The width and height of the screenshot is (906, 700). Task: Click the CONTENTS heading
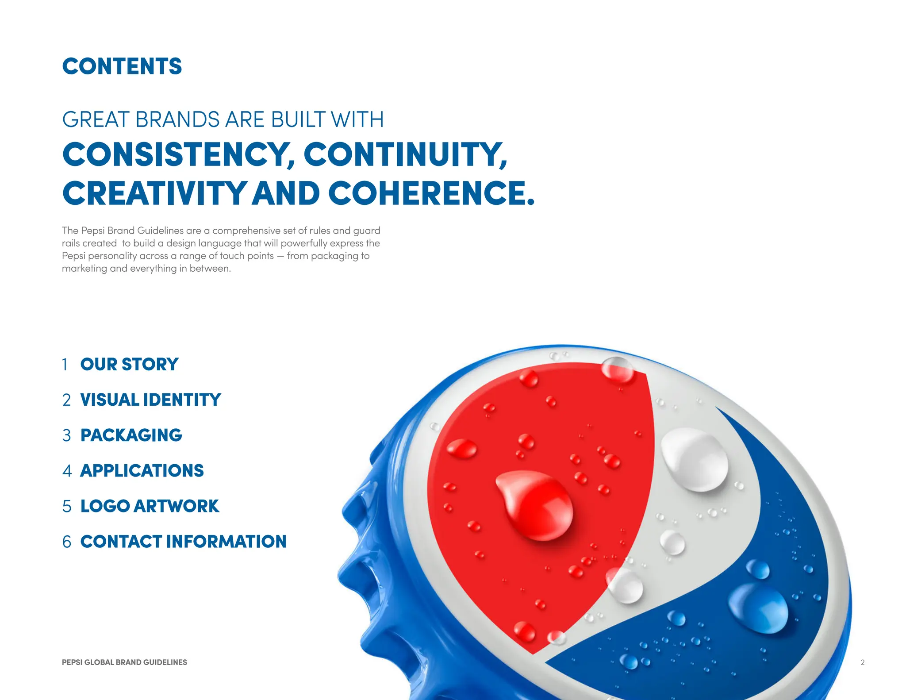point(122,66)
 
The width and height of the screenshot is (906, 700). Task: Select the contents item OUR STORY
point(129,365)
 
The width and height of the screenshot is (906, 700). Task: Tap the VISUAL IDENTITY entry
point(150,400)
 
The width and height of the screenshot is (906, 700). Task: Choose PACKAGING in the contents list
point(131,435)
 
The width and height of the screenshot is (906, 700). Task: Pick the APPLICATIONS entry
point(142,471)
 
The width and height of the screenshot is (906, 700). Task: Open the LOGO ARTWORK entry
point(150,506)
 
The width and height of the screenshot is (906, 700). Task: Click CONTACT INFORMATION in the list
point(183,542)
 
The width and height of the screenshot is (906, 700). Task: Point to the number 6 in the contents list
point(67,542)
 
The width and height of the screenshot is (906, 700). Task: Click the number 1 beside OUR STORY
point(65,365)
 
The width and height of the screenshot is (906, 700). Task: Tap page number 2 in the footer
point(862,662)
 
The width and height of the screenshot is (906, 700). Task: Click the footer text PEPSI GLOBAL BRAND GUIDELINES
point(124,662)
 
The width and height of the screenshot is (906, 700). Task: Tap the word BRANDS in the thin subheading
point(177,119)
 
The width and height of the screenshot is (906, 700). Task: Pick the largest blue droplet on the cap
point(759,608)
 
